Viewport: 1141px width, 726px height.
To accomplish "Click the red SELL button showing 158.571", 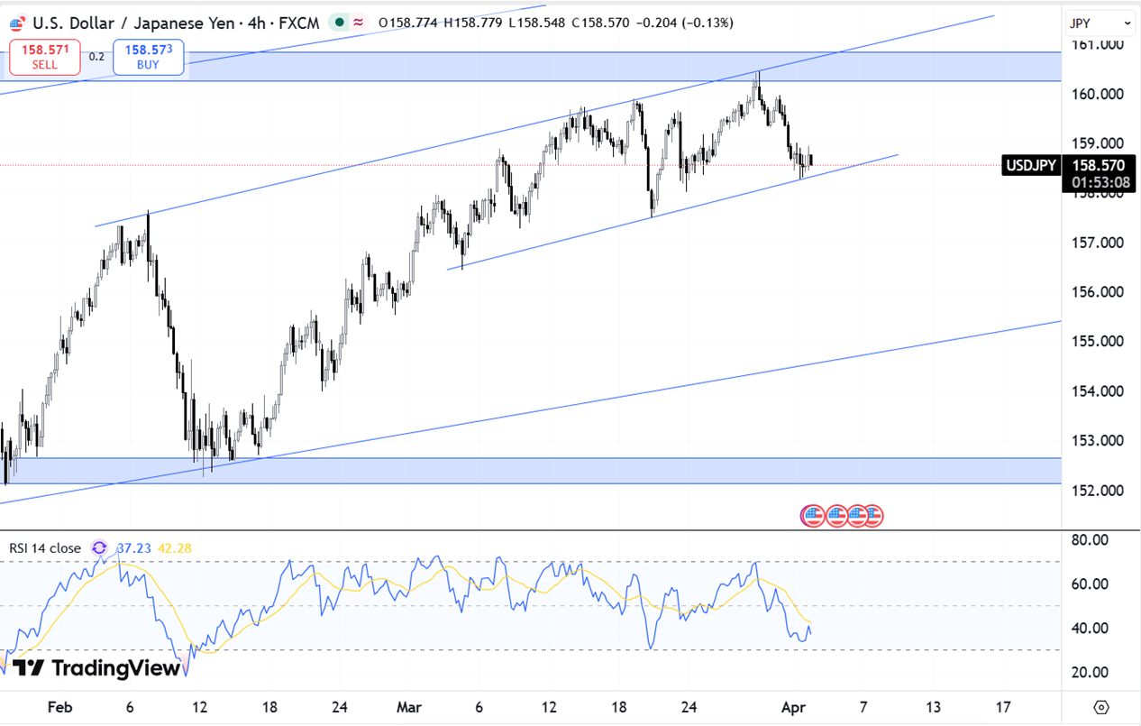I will click(x=44, y=58).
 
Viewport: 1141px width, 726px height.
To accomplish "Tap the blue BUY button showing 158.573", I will click(x=148, y=58).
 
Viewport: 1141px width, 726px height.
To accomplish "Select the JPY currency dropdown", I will click(x=1100, y=23).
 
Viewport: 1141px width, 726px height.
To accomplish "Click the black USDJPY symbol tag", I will click(x=1031, y=165).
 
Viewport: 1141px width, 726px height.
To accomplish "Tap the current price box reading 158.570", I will click(x=1099, y=166).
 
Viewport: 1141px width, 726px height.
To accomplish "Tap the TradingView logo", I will click(x=96, y=668).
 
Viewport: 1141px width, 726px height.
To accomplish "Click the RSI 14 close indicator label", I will click(x=45, y=548).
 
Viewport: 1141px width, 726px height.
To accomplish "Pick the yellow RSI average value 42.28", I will click(x=174, y=548).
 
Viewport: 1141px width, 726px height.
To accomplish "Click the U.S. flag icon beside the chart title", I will click(x=16, y=23).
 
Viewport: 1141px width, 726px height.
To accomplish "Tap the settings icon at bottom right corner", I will click(x=1100, y=707).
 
